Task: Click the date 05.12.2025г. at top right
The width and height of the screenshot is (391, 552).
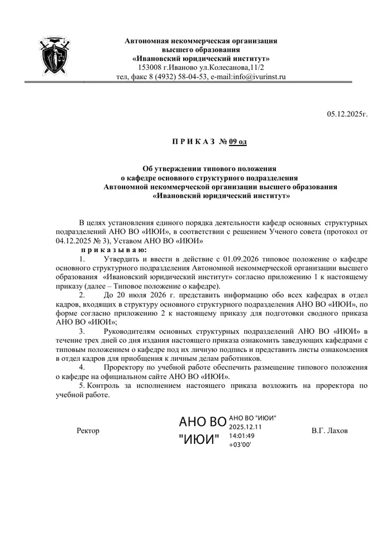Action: pyautogui.click(x=347, y=114)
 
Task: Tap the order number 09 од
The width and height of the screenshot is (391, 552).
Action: pyautogui.click(x=237, y=142)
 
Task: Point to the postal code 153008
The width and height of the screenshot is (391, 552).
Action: pyautogui.click(x=150, y=67)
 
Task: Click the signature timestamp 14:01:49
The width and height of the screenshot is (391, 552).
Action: pyautogui.click(x=242, y=435)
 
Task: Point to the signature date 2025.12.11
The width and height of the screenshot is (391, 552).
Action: pyautogui.click(x=246, y=427)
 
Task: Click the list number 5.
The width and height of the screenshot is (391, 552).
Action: pyautogui.click(x=82, y=386)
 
